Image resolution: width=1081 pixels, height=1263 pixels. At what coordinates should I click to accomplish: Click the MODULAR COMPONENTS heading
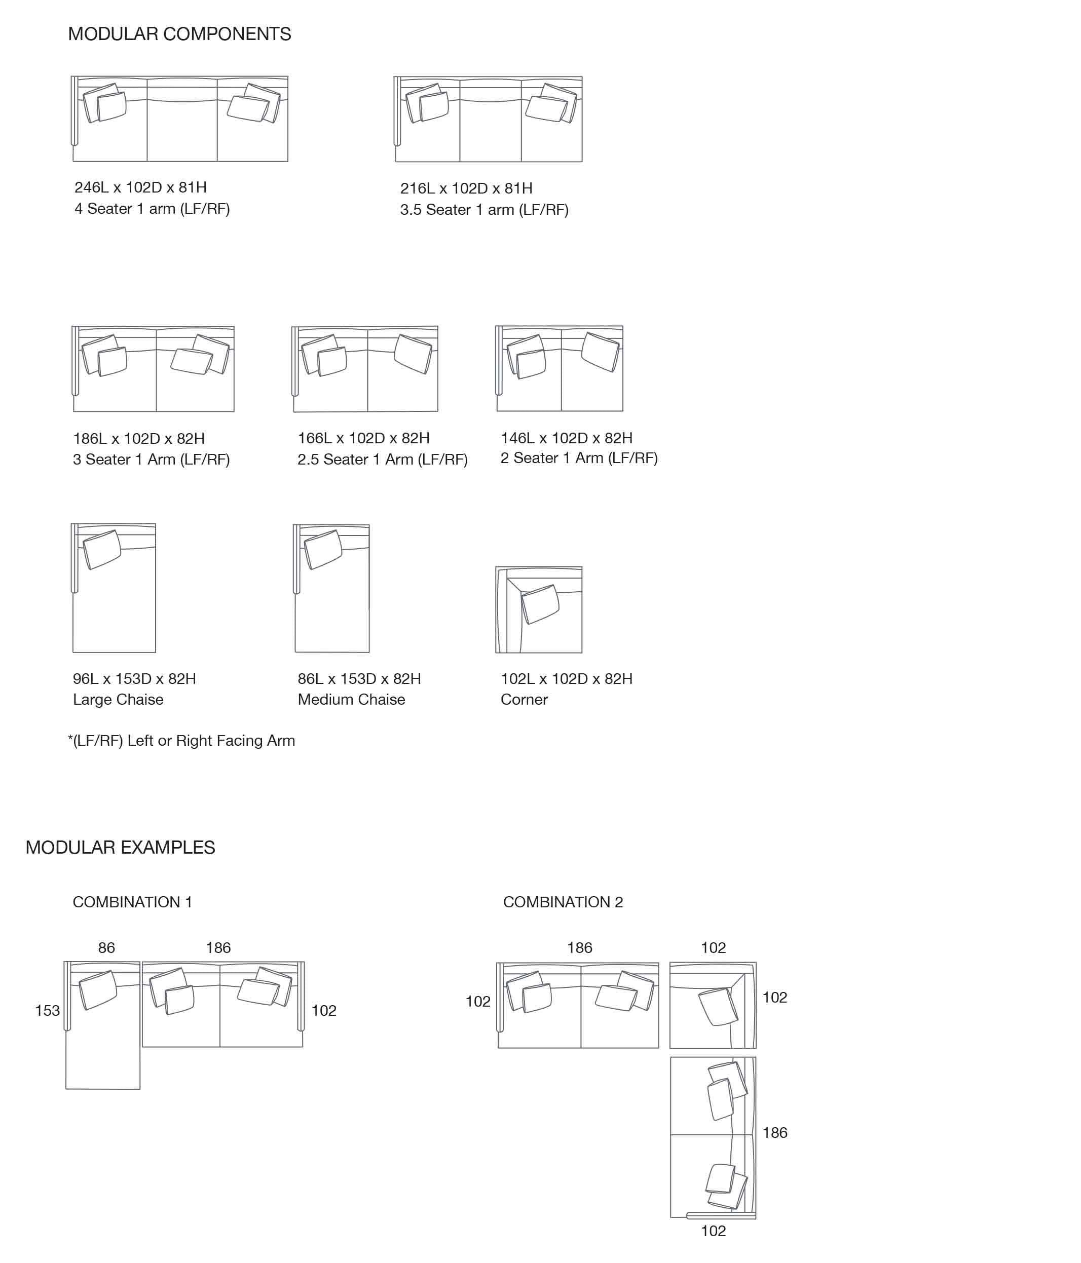(179, 34)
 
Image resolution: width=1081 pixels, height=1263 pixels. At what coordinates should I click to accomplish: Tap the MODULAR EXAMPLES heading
(120, 847)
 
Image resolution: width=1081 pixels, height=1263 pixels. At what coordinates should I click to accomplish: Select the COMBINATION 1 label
(132, 902)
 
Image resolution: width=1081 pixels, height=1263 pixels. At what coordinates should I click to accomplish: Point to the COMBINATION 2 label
(563, 902)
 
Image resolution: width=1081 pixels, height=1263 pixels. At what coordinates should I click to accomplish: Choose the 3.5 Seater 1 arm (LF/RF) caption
(484, 210)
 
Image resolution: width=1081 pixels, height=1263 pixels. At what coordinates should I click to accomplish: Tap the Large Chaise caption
(118, 699)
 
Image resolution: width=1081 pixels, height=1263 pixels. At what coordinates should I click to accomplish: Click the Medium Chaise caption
(351, 699)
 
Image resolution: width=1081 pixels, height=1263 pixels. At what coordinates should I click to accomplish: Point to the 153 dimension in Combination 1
(47, 1011)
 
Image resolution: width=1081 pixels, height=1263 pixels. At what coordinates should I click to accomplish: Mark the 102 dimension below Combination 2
(714, 1231)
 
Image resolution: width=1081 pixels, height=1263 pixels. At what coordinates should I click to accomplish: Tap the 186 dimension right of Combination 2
(775, 1133)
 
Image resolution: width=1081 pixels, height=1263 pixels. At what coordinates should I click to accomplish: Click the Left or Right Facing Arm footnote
(181, 741)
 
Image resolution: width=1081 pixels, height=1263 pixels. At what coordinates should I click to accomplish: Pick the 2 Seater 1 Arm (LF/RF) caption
(579, 458)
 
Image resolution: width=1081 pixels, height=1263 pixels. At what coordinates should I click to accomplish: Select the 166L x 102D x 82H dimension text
(363, 438)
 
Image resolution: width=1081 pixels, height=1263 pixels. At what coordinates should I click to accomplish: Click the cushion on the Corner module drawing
(540, 604)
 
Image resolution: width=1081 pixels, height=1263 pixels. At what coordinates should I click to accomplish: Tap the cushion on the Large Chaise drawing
(102, 549)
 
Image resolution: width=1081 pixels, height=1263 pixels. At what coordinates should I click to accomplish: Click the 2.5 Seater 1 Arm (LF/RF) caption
(382, 459)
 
